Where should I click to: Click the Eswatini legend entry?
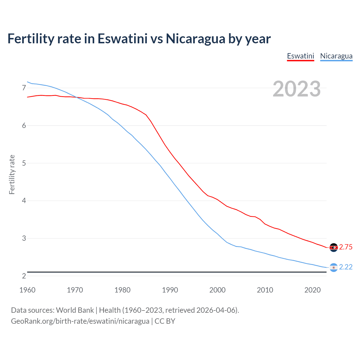pyautogui.click(x=300, y=56)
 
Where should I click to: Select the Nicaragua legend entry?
pyautogui.click(x=336, y=56)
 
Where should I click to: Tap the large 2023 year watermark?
pyautogui.click(x=296, y=89)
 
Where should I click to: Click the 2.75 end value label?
pyautogui.click(x=346, y=247)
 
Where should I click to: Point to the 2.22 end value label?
pyautogui.click(x=346, y=267)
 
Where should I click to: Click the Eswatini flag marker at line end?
pyautogui.click(x=334, y=247)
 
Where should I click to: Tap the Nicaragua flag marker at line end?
pyautogui.click(x=334, y=267)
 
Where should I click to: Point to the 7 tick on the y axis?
pyautogui.click(x=24, y=88)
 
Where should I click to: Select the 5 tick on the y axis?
pyautogui.click(x=24, y=163)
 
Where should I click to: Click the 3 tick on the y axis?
pyautogui.click(x=24, y=238)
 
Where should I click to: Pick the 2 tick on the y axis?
pyautogui.click(x=24, y=276)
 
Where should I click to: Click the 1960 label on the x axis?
pyautogui.click(x=27, y=290)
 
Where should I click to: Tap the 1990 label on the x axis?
pyautogui.click(x=170, y=290)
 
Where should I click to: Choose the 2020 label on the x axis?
pyautogui.click(x=312, y=290)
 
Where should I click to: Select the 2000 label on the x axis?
pyautogui.click(x=217, y=290)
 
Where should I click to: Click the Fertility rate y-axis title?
pyautogui.click(x=12, y=174)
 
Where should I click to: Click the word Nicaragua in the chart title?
pyautogui.click(x=195, y=39)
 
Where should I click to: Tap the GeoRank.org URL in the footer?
pyautogui.click(x=80, y=321)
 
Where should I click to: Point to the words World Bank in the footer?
pyautogui.click(x=75, y=310)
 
